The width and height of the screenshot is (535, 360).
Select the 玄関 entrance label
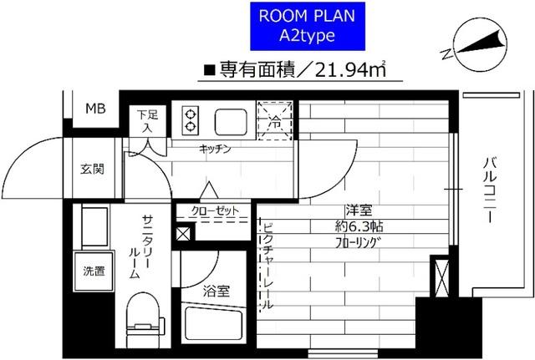[92, 170]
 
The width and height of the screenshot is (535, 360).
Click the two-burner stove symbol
[190, 120]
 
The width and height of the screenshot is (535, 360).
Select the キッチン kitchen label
[215, 149]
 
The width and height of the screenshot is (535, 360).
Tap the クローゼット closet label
[213, 210]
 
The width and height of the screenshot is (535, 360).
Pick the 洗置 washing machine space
[94, 270]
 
